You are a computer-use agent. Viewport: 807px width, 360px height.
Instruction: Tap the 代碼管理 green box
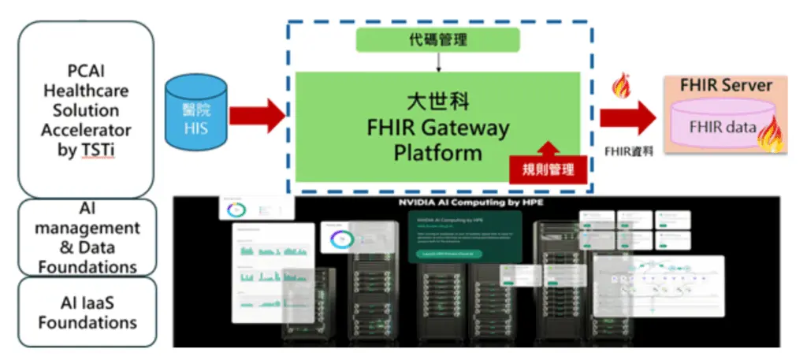[437, 39]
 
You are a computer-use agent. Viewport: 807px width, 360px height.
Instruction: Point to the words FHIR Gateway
[438, 128]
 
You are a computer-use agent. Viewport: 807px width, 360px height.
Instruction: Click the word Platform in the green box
[438, 152]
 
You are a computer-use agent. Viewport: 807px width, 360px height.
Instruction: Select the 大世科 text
[438, 102]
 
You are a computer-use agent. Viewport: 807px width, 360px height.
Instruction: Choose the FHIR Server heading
[725, 85]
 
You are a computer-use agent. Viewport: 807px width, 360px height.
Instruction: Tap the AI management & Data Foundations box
[87, 237]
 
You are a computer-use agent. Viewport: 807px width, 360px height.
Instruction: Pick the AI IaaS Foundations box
[87, 313]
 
